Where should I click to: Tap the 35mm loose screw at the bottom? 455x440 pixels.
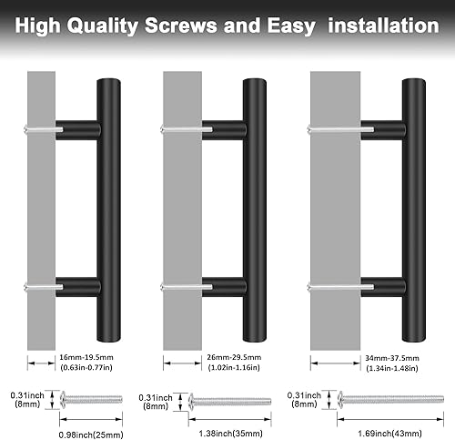tap(227, 397)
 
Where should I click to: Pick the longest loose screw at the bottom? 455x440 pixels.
tap(379, 397)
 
